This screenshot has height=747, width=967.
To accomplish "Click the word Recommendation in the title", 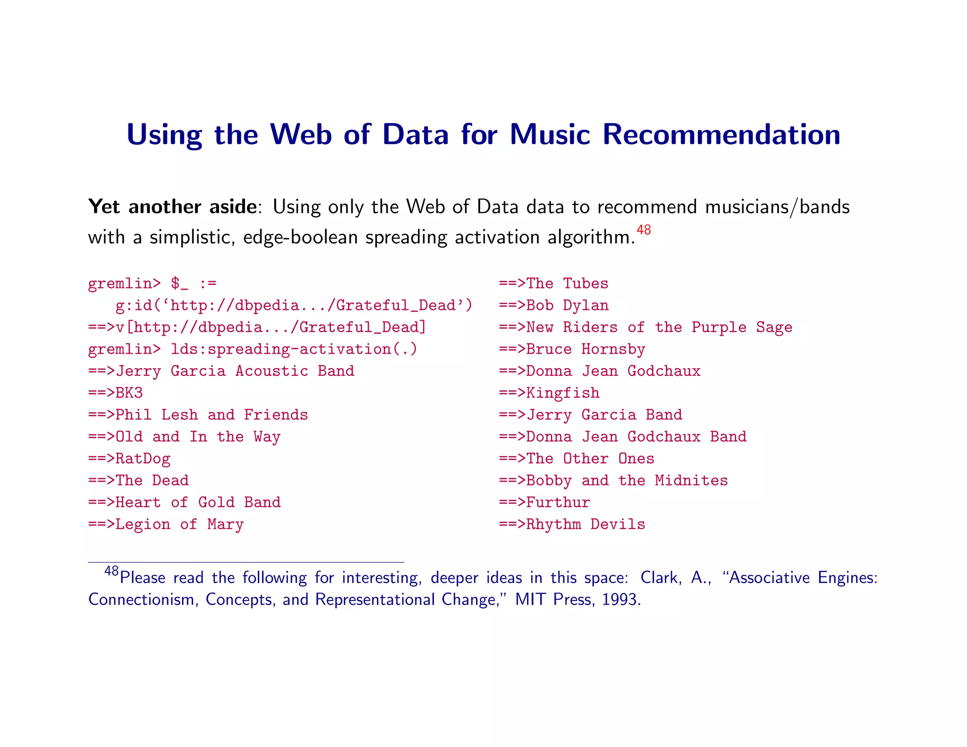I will coord(721,135).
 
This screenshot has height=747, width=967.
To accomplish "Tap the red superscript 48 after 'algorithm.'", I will coord(644,230).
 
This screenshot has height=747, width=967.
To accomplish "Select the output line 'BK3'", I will coord(129,393).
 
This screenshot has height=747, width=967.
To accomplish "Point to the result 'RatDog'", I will coord(143,458).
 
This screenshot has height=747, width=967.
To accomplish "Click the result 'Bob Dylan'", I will coord(567,306).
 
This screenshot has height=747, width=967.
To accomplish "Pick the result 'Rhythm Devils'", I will coord(585,524).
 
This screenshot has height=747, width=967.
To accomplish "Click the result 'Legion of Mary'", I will coord(179,524).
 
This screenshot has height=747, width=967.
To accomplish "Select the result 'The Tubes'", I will coord(567,283).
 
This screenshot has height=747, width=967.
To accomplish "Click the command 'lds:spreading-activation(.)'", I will coord(294,349).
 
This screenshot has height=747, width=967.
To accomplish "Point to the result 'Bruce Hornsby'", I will coord(585,349).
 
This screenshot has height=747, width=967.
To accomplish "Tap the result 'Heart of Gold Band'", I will coord(198,502).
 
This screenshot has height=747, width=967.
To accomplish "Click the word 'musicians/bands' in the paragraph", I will coord(777,207).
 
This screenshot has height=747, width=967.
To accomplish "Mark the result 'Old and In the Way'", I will coord(198,437).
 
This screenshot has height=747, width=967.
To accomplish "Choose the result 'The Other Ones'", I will coord(590,458).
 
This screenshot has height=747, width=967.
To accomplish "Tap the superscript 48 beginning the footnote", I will coord(111,571).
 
